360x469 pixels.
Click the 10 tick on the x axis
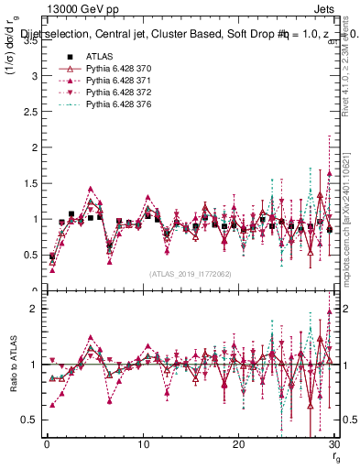[x=143, y=444]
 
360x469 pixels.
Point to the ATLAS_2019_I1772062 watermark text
[x=190, y=273]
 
